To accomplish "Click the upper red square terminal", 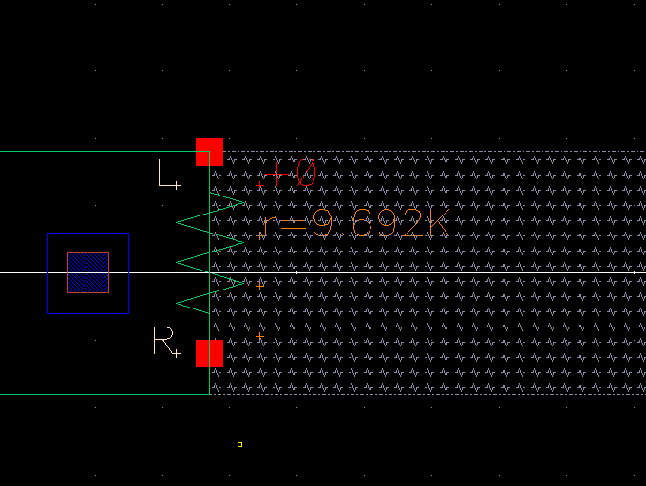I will (209, 152).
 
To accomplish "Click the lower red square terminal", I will (209, 353).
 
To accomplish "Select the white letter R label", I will (162, 341).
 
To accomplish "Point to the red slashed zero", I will (305, 173).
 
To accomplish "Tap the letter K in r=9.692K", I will (437, 225).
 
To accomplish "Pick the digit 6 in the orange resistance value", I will (361, 225).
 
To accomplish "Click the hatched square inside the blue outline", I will (88, 273).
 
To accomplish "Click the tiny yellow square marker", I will (239, 444).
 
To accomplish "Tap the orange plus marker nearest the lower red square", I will (260, 336).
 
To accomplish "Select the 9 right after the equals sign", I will (322, 225).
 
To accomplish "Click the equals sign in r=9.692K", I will (293, 226).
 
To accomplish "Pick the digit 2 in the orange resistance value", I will (411, 225).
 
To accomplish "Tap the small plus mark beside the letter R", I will (177, 354).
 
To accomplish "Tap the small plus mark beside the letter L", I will (177, 185).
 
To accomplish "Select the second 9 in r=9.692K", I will (387, 225).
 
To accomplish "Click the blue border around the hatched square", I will (48, 273).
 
